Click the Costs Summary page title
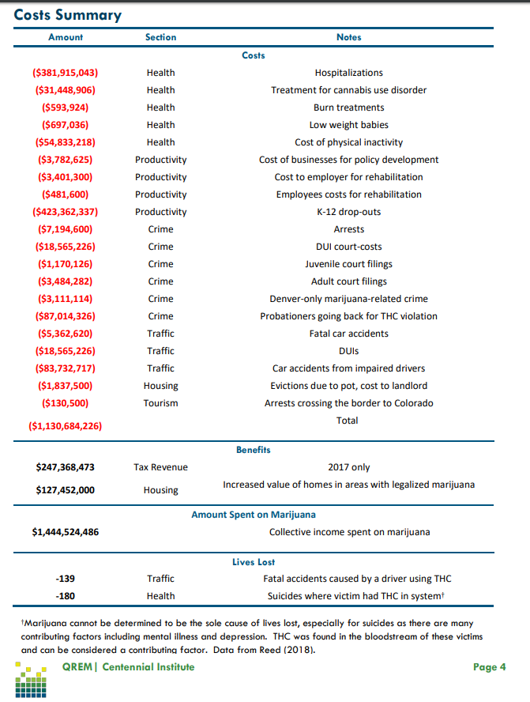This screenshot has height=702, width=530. click(67, 15)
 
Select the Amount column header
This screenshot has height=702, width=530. click(66, 37)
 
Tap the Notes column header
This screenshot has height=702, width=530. click(348, 37)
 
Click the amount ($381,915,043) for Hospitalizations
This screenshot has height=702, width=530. click(66, 73)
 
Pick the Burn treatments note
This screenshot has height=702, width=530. click(348, 108)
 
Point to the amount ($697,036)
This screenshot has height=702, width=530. click(66, 125)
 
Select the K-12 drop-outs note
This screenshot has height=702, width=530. click(348, 212)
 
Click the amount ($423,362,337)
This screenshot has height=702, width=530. click(66, 212)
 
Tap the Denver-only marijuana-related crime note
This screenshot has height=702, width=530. click(348, 299)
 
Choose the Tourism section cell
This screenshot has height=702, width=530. click(160, 403)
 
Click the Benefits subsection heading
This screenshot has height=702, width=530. click(254, 450)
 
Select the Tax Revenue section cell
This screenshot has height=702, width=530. click(160, 467)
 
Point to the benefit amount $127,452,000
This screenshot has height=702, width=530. click(66, 490)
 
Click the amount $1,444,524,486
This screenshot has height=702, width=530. click(66, 532)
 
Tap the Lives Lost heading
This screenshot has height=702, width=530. click(254, 562)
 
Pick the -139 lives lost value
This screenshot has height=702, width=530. click(66, 579)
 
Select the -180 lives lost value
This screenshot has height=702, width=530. click(66, 596)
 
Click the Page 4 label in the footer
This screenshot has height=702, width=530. click(490, 667)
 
